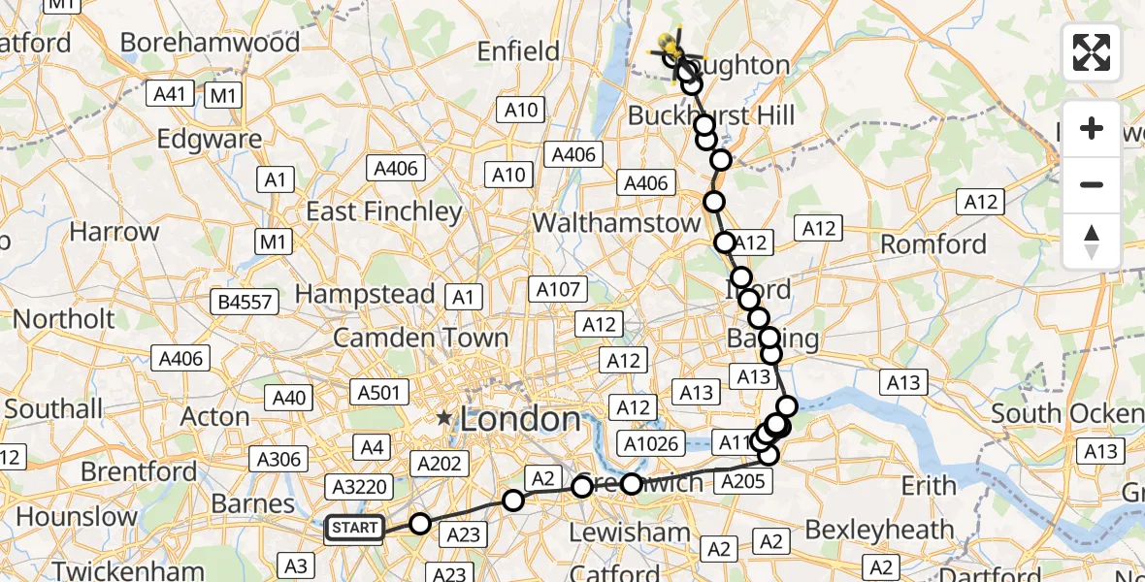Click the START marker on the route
[354, 528]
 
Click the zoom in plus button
[1092, 129]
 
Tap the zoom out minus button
[1092, 184]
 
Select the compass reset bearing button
[1092, 240]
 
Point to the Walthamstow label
[616, 222]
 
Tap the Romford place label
[932, 243]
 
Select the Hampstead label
[365, 293]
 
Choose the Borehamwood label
[210, 43]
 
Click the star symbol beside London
[444, 419]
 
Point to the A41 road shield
[170, 94]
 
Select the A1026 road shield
[651, 444]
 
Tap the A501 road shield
[378, 393]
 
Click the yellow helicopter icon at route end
[670, 45]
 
